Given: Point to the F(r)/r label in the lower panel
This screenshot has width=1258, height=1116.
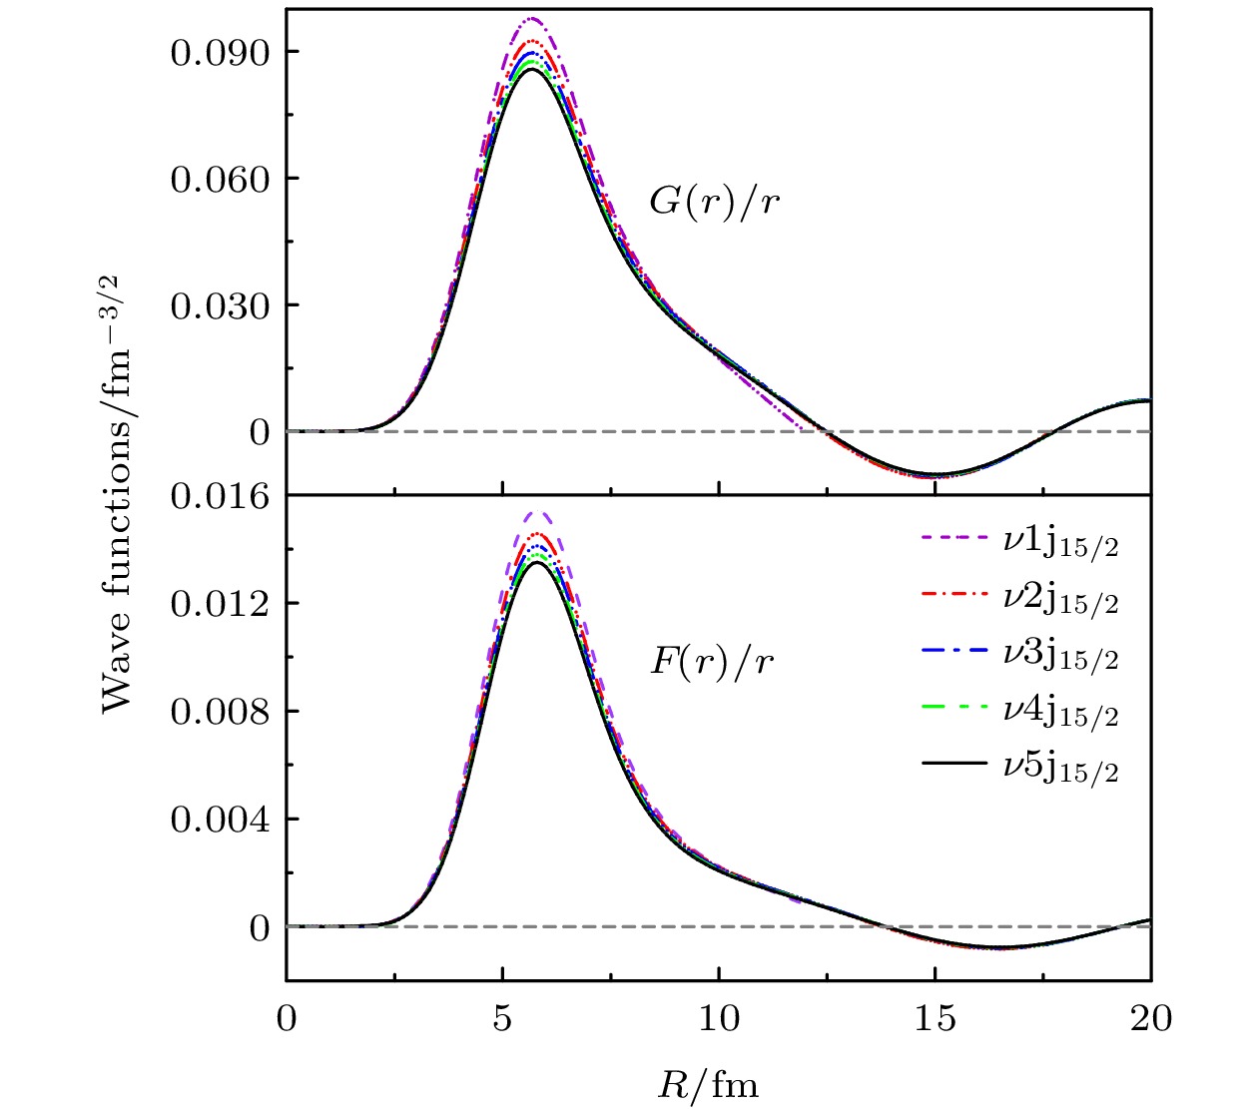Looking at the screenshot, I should click(712, 662).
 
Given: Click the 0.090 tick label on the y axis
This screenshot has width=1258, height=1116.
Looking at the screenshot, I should click(220, 52).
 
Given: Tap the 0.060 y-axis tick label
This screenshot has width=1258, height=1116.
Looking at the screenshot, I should click(220, 179).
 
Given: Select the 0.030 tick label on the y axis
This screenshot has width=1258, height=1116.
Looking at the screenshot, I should click(220, 305).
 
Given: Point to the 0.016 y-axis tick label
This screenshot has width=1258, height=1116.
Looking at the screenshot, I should click(220, 495).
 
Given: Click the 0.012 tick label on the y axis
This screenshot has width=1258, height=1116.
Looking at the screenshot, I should click(220, 603).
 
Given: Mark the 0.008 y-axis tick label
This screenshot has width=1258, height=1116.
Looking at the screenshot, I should click(220, 711).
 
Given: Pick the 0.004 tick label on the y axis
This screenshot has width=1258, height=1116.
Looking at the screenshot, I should click(220, 820).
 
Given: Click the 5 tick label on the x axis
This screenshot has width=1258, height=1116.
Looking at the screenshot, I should click(502, 1018).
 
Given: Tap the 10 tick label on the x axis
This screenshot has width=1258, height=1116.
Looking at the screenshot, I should click(719, 1018).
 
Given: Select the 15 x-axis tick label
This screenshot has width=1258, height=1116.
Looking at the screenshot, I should click(935, 1018).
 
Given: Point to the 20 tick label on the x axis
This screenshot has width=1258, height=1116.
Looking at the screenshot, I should click(1150, 1018).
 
